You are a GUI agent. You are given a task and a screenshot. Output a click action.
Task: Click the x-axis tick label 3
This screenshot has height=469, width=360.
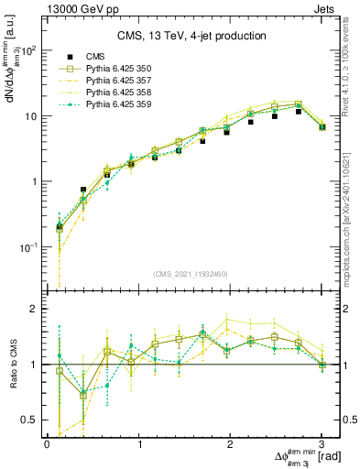pyautogui.click(x=322, y=444)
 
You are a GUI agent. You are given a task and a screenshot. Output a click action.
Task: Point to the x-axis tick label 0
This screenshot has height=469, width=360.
pyautogui.click(x=47, y=444)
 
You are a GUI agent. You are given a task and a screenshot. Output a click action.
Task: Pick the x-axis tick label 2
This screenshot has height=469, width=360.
pyautogui.click(x=230, y=444)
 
